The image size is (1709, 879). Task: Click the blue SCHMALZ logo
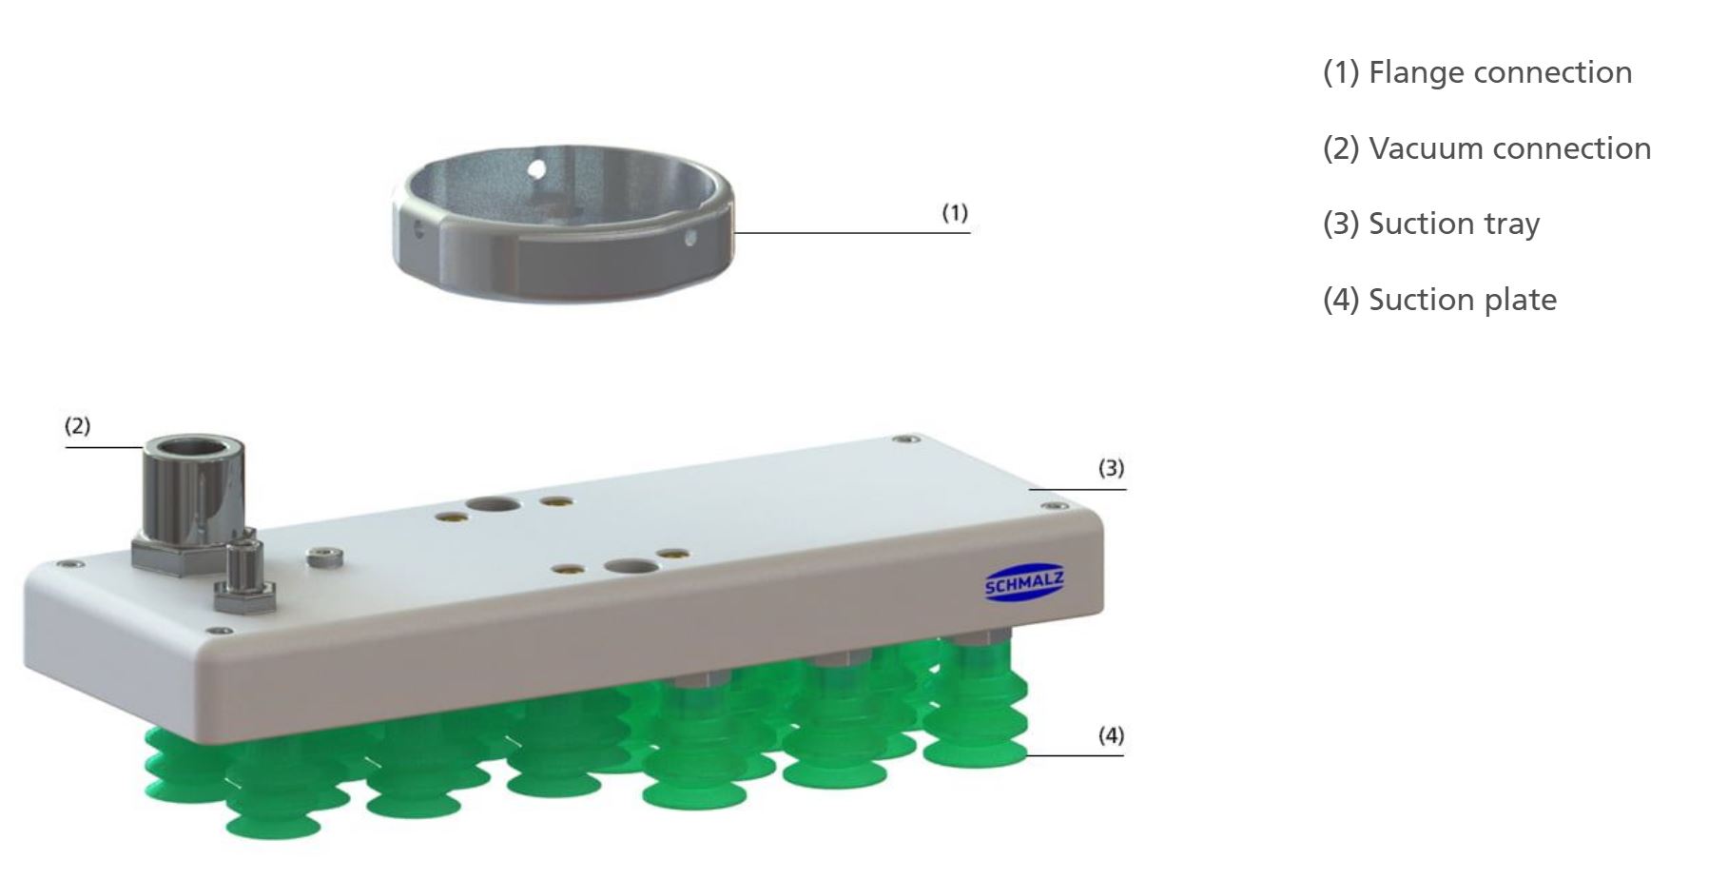click(1024, 583)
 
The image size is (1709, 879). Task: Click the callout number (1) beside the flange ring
click(955, 212)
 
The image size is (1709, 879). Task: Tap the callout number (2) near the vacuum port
click(78, 425)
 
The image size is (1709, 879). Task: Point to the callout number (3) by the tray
click(1112, 468)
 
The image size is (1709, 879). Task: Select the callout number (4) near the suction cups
click(1111, 735)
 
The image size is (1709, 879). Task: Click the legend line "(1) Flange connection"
click(1477, 72)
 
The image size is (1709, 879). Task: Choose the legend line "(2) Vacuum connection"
click(1486, 148)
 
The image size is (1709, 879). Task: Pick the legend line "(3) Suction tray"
click(1431, 225)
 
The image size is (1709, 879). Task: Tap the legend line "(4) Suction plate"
click(1440, 300)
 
